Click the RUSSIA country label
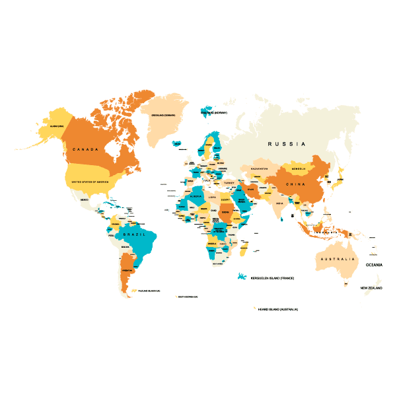(286, 143)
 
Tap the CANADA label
(85, 150)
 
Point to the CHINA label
(295, 184)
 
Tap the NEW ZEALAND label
(371, 288)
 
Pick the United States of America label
(89, 181)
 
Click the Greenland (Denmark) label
(168, 114)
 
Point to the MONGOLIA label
(299, 168)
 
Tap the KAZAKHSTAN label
(259, 169)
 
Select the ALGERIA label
(196, 196)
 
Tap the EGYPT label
(225, 199)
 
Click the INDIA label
(279, 203)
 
